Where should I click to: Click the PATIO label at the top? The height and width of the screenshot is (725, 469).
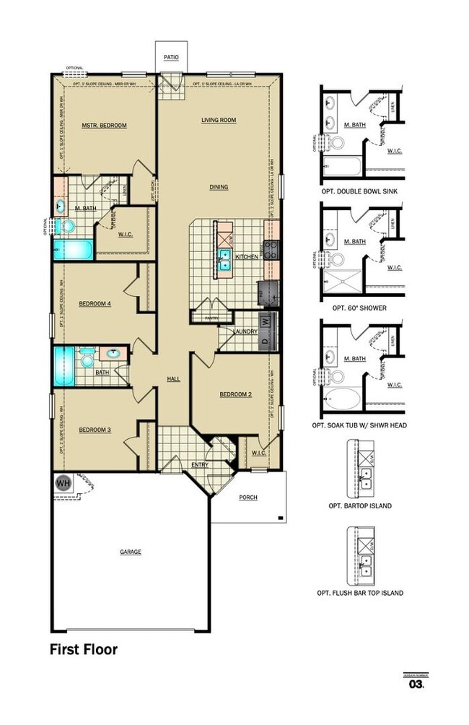coord(171,56)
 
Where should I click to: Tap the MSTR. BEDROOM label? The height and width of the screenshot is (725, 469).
coord(104,126)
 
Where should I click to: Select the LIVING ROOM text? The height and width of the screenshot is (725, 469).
coord(219,121)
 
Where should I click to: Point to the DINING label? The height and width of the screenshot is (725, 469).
coord(219,187)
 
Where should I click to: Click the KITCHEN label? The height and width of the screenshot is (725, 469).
coord(247,256)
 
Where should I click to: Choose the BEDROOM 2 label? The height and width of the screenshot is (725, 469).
coord(235,394)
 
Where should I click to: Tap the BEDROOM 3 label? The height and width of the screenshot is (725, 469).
coord(95,430)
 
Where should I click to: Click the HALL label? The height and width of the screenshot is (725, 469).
coord(173,378)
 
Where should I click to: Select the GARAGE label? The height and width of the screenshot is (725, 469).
coord(131,552)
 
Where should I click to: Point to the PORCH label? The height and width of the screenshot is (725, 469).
coord(247,498)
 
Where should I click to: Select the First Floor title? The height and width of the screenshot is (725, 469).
coord(83,649)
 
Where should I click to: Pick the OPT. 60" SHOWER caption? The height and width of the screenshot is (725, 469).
coord(359,308)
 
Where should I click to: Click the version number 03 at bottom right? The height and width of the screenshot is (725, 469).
coord(416,683)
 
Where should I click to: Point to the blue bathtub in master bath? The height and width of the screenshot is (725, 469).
coord(73,251)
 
